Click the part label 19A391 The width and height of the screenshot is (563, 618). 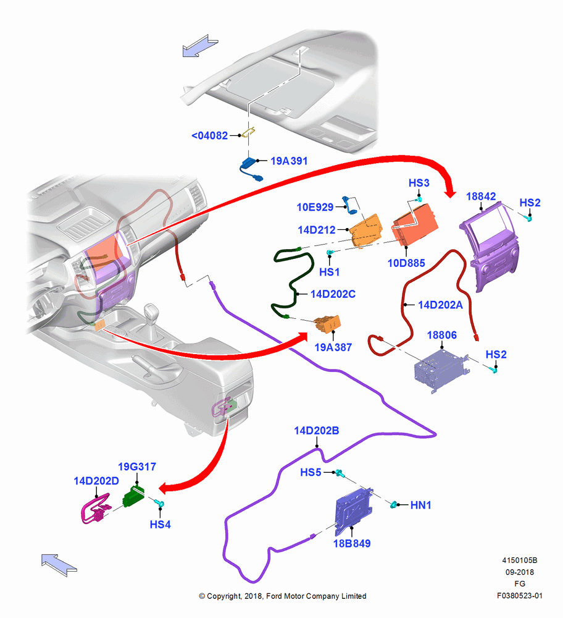289,161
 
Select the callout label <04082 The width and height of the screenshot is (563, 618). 209,135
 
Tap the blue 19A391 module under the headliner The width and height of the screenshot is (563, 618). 250,166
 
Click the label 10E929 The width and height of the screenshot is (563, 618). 315,207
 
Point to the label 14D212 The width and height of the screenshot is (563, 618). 317,230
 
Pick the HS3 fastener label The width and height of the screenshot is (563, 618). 419,183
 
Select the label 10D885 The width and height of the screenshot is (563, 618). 406,263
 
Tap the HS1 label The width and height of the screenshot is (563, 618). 329,272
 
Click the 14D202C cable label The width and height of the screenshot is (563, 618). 333,294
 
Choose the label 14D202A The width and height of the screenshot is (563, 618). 440,305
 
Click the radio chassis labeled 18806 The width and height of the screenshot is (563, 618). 441,371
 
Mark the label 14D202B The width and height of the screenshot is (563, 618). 317,430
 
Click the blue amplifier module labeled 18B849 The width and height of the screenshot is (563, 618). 353,510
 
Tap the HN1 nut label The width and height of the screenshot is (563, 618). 420,505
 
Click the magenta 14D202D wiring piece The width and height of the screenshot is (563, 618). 95,509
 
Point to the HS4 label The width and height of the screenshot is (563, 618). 161,525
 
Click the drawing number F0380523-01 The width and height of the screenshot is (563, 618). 520,596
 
